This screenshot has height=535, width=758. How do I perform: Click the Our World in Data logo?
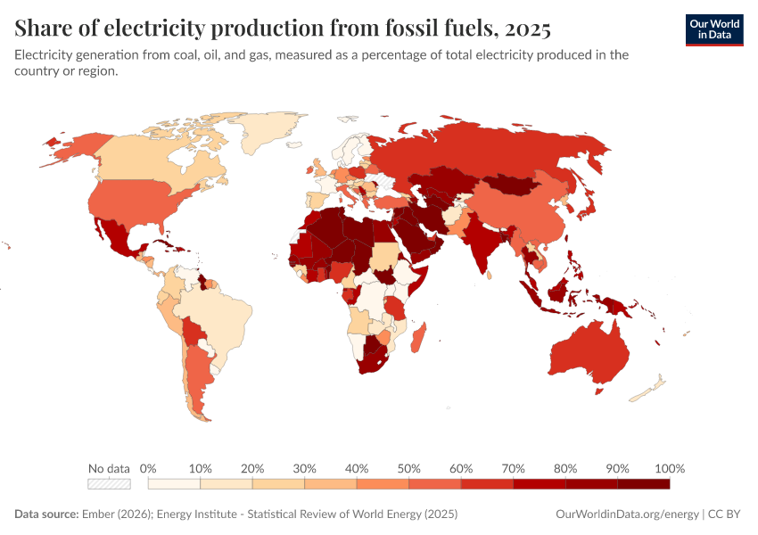(714, 29)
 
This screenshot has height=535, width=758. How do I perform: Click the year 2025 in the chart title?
(527, 29)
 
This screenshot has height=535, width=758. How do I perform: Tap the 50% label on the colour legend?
(408, 468)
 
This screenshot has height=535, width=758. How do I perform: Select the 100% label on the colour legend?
(669, 468)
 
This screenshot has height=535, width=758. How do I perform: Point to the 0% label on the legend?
(149, 468)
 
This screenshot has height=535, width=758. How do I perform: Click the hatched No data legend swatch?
(109, 484)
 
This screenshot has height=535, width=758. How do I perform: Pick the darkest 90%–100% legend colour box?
(643, 484)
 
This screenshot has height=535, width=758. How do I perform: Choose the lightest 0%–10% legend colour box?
(174, 484)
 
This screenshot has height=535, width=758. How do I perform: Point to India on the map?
(482, 245)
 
